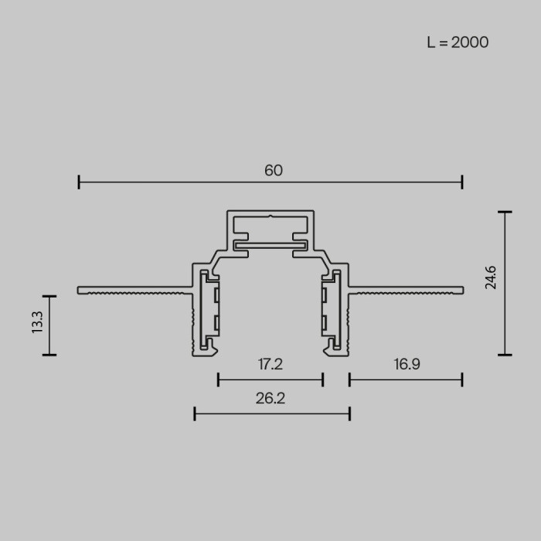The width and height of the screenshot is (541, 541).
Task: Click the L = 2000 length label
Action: pos(458,43)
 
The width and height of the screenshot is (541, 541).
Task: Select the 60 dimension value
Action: pos(273,171)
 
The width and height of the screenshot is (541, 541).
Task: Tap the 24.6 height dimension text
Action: pos(490,276)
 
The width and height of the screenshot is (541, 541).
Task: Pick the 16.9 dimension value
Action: pos(406,364)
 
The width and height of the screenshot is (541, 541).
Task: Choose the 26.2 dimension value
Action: pos(270,399)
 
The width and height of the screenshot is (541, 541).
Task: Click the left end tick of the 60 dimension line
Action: pos(80,182)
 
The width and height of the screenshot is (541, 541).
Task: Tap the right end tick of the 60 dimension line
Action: pos(462,182)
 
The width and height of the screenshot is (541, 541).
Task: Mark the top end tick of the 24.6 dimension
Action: pos(505,212)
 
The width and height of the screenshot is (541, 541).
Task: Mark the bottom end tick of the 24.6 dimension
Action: pos(505,355)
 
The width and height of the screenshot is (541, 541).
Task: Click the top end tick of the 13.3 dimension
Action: pos(49,296)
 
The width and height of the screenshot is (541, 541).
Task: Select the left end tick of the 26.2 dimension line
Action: pos(195,414)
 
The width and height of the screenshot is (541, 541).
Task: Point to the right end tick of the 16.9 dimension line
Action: pos(462,379)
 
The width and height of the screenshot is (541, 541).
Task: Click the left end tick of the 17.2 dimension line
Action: pos(219,379)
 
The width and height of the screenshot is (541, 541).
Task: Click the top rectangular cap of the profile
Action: pos(270,224)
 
